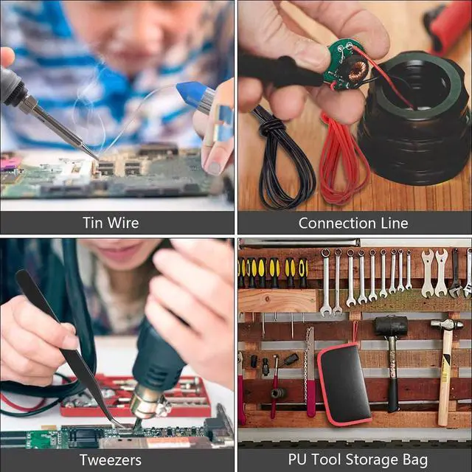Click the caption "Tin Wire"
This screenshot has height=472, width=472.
point(111,223)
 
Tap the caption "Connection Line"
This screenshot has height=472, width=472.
point(353,223)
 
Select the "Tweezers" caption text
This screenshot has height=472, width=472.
point(111,460)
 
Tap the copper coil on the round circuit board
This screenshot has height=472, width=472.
point(357,72)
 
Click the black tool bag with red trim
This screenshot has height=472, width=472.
point(344,384)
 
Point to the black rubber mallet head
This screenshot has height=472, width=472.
point(391,326)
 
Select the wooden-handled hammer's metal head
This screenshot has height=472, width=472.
point(447,324)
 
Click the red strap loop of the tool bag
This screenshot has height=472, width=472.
point(355,333)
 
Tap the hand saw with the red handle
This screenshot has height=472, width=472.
point(310,372)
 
